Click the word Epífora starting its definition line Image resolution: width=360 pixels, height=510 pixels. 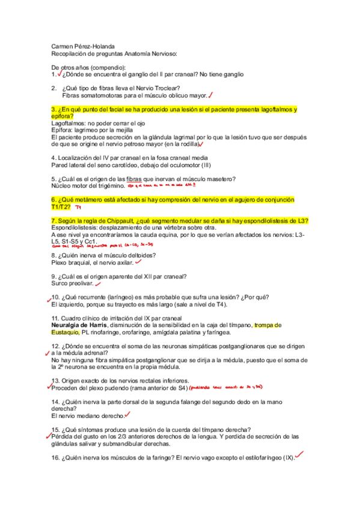tap(62, 130)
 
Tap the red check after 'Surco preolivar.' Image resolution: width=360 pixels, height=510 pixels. tap(98, 284)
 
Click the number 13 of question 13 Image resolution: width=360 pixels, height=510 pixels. tap(55, 381)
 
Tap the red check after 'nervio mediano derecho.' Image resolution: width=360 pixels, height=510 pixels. tap(127, 415)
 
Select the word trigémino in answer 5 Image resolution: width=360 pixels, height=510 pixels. tap(109, 186)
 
